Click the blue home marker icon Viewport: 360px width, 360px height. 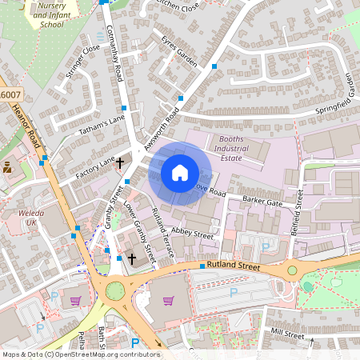tap(180, 172)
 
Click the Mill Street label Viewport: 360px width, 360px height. tap(289, 332)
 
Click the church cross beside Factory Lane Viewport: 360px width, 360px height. tap(120, 163)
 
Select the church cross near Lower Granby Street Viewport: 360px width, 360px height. tap(133, 258)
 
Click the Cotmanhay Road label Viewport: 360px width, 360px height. tap(113, 53)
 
